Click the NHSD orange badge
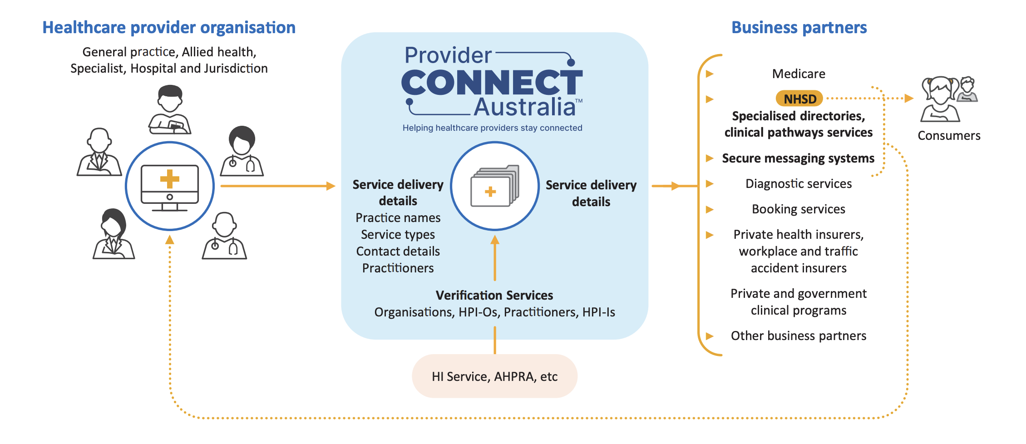[799, 99]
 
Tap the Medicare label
[799, 74]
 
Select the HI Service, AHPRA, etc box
[494, 376]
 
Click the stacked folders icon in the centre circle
[494, 186]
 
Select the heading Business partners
[799, 27]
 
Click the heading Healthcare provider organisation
[169, 27]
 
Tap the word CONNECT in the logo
[492, 83]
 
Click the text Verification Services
[494, 295]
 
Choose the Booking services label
[799, 209]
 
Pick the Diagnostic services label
[799, 183]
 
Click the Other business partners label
[799, 335]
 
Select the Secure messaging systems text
[798, 158]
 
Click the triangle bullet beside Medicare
[710, 74]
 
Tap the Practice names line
[398, 217]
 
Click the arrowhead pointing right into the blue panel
[330, 186]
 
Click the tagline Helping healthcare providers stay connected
[492, 128]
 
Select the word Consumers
[949, 135]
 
